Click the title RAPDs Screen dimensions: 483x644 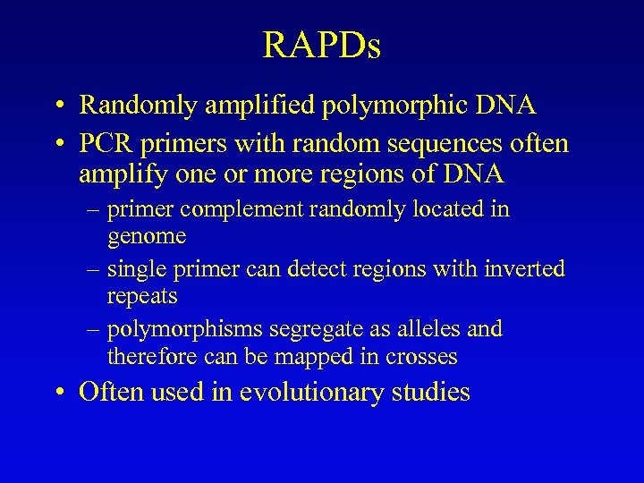[x=322, y=46]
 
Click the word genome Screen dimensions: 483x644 [x=147, y=236]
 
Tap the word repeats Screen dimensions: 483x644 [x=142, y=295]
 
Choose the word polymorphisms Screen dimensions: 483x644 [x=188, y=329]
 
